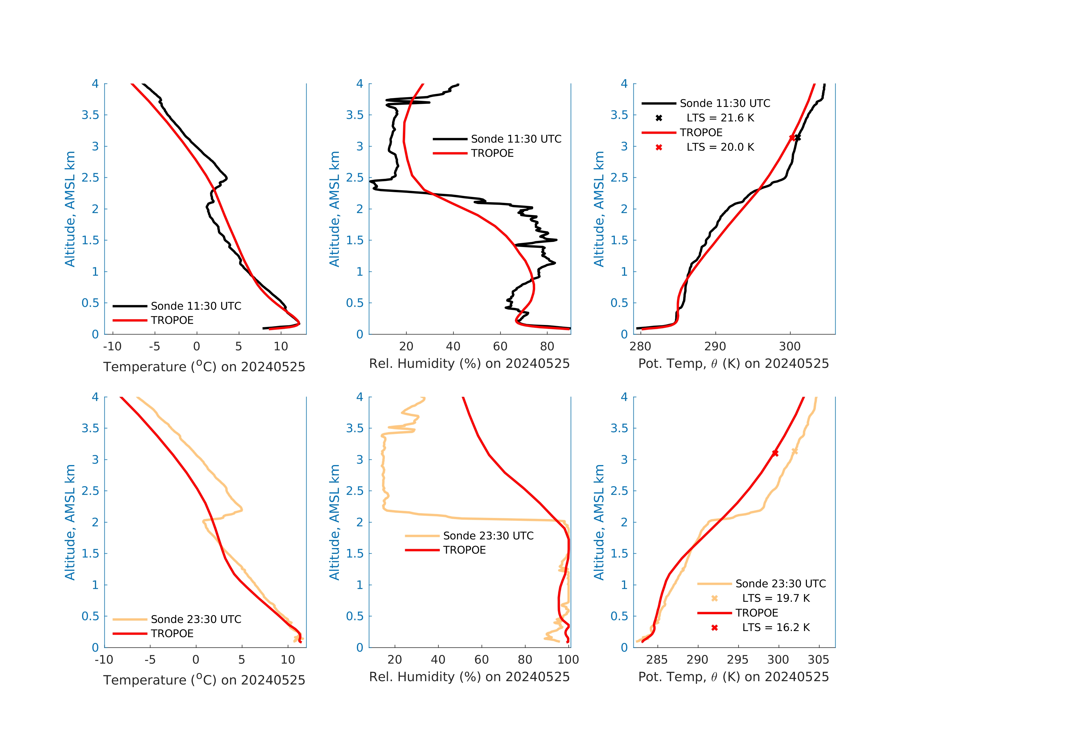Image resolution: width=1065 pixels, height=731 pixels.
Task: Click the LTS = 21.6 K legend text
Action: tap(720, 118)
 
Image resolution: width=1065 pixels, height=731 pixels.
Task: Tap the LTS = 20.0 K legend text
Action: tap(720, 147)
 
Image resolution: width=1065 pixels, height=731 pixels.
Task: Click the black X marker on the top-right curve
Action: tap(797, 138)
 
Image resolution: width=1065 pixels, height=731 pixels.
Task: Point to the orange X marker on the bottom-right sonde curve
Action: tap(795, 451)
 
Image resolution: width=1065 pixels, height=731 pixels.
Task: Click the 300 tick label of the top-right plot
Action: tap(790, 346)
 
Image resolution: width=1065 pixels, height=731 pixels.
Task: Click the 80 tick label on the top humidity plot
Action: tap(547, 346)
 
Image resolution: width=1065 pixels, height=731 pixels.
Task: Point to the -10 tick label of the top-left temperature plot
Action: tap(112, 346)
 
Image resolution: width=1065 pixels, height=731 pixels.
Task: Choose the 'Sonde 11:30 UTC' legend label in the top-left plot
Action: tap(196, 306)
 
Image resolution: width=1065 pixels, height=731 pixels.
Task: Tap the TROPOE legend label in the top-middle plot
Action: tap(492, 153)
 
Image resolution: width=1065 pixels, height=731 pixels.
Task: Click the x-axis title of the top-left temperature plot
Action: tap(204, 367)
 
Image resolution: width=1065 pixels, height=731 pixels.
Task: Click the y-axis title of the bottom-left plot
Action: tap(70, 522)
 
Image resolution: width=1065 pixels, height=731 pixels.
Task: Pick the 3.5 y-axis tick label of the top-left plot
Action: tap(90, 115)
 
